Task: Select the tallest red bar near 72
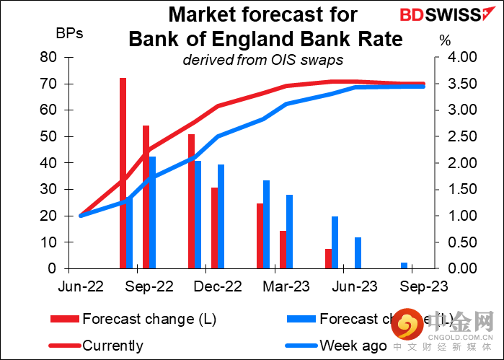pos(123,173)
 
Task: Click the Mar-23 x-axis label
pos(286,286)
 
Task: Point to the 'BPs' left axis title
pos(68,33)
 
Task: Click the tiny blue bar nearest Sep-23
pos(404,265)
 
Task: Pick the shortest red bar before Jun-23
pos(328,258)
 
